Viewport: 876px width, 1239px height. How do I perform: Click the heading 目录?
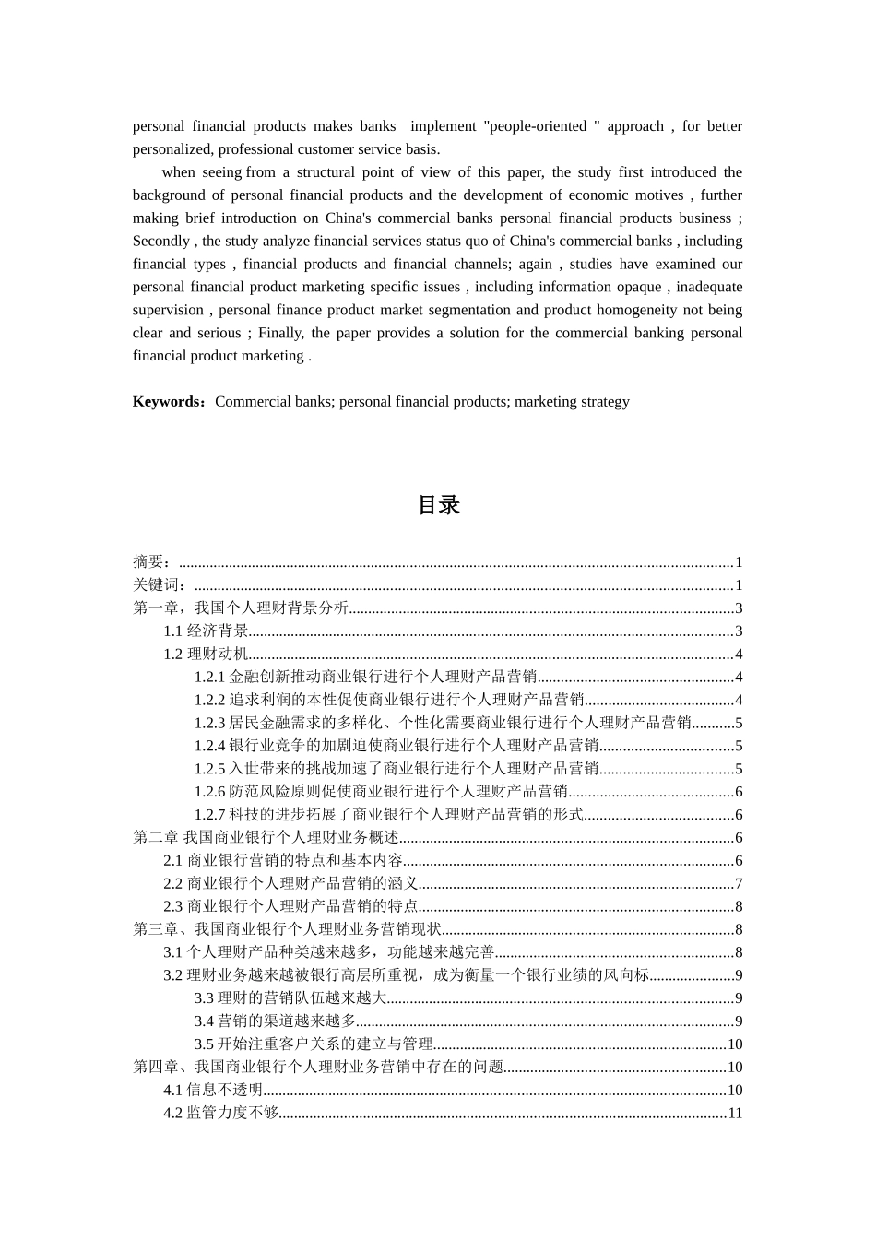click(438, 505)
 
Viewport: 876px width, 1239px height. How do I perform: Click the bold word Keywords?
click(167, 402)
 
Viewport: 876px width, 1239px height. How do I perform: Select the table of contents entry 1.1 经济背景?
click(207, 631)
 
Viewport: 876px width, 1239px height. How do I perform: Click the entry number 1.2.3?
click(210, 723)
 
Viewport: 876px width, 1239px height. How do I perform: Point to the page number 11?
click(735, 1113)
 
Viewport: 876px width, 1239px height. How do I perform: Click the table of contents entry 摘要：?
click(151, 562)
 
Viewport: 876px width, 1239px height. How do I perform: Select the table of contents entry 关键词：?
click(160, 585)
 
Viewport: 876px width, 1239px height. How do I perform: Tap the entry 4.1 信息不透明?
click(213, 1090)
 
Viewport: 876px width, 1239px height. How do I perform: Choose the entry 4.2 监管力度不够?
click(221, 1113)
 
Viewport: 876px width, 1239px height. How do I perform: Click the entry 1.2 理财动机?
click(207, 655)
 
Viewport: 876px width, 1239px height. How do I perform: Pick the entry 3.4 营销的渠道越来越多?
click(275, 1021)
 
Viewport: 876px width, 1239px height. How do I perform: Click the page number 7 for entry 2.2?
click(739, 883)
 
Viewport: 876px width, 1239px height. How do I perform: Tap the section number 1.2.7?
click(210, 815)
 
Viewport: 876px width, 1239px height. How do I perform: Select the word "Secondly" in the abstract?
click(160, 242)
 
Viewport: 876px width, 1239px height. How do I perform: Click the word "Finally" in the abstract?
click(279, 333)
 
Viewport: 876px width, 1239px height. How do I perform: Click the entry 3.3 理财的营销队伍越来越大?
click(290, 997)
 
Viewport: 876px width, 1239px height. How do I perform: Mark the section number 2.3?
click(173, 906)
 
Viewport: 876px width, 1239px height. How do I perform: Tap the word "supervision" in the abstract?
click(169, 311)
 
